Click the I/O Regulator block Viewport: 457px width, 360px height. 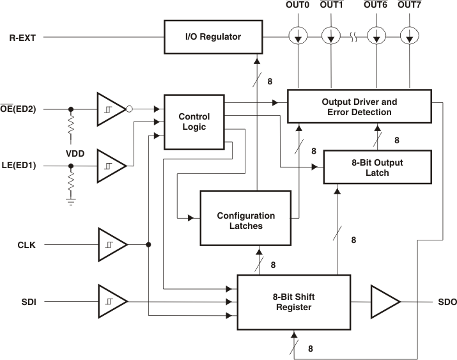[x=213, y=37]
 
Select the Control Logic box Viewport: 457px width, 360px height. [x=194, y=122]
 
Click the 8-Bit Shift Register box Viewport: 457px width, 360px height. [x=293, y=302]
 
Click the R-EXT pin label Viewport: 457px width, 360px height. [x=22, y=37]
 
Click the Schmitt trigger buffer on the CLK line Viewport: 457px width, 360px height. [x=111, y=244]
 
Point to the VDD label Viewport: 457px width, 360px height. [x=75, y=154]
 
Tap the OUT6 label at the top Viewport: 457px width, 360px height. [x=374, y=5]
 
